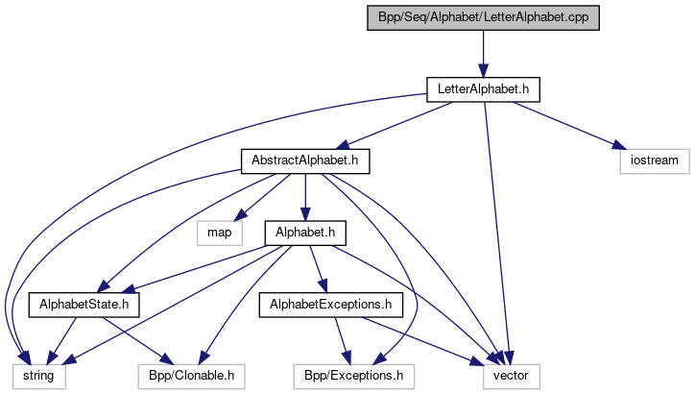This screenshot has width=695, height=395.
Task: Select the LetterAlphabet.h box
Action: pyautogui.click(x=483, y=90)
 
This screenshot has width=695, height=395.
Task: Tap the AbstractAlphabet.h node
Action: pyautogui.click(x=304, y=160)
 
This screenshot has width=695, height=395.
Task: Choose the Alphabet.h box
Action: pyautogui.click(x=304, y=232)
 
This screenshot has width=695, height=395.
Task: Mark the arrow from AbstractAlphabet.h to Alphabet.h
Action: pyautogui.click(x=304, y=196)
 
